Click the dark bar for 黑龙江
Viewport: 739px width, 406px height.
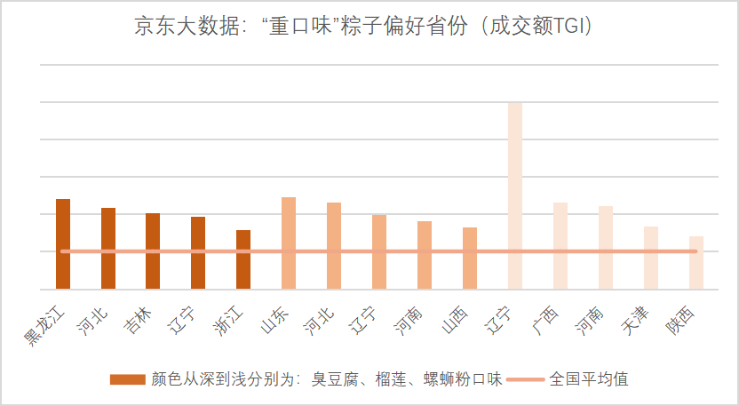pos(63,243)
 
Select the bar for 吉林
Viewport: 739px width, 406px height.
pos(153,251)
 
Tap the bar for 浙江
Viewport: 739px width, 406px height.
pos(243,259)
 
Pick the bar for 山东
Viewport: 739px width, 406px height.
pos(289,243)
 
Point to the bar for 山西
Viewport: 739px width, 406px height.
pos(470,258)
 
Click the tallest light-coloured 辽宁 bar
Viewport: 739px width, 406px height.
pos(515,195)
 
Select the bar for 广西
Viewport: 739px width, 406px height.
pos(560,245)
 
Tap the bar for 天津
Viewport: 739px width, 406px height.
pos(651,258)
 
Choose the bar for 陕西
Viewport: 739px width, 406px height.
pos(696,262)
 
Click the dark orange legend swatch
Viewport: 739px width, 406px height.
pos(127,379)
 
